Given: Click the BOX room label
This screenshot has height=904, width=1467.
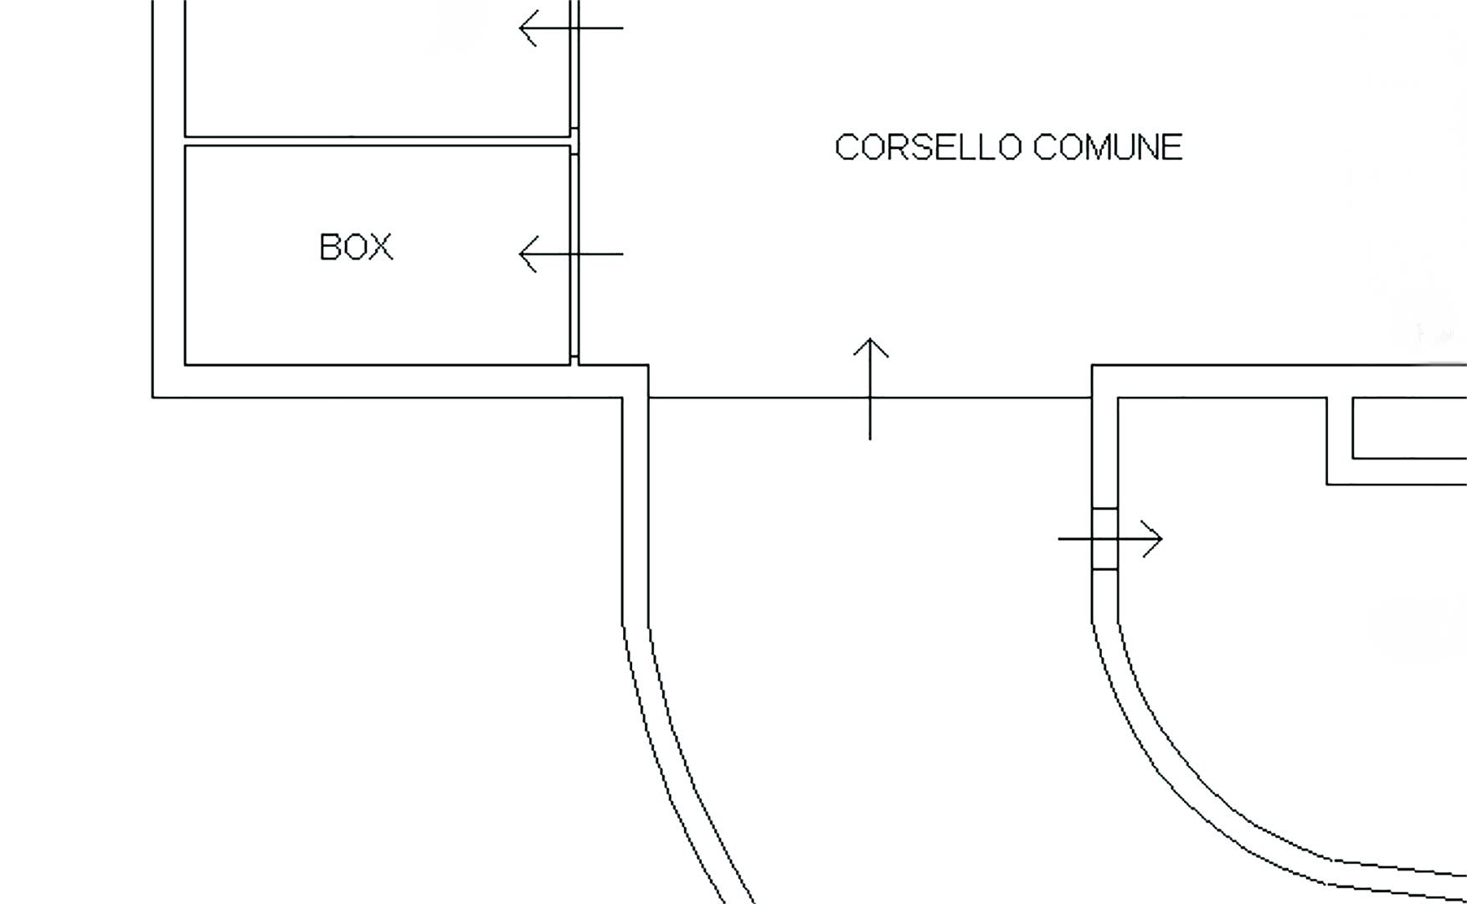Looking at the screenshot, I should click(356, 247).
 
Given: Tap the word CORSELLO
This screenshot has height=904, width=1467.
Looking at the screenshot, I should click(928, 147).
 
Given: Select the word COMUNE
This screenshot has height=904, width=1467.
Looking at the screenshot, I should click(1107, 147).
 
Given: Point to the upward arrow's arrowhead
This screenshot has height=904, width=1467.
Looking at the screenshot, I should click(871, 343).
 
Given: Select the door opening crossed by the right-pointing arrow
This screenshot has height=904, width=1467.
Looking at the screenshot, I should click(1104, 539).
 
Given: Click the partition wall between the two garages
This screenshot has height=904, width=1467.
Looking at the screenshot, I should click(377, 141).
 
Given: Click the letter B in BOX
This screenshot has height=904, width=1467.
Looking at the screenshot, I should click(330, 247).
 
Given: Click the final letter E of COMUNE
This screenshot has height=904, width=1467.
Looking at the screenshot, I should click(1172, 147).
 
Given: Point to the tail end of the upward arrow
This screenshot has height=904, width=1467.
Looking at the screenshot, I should click(871, 436).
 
